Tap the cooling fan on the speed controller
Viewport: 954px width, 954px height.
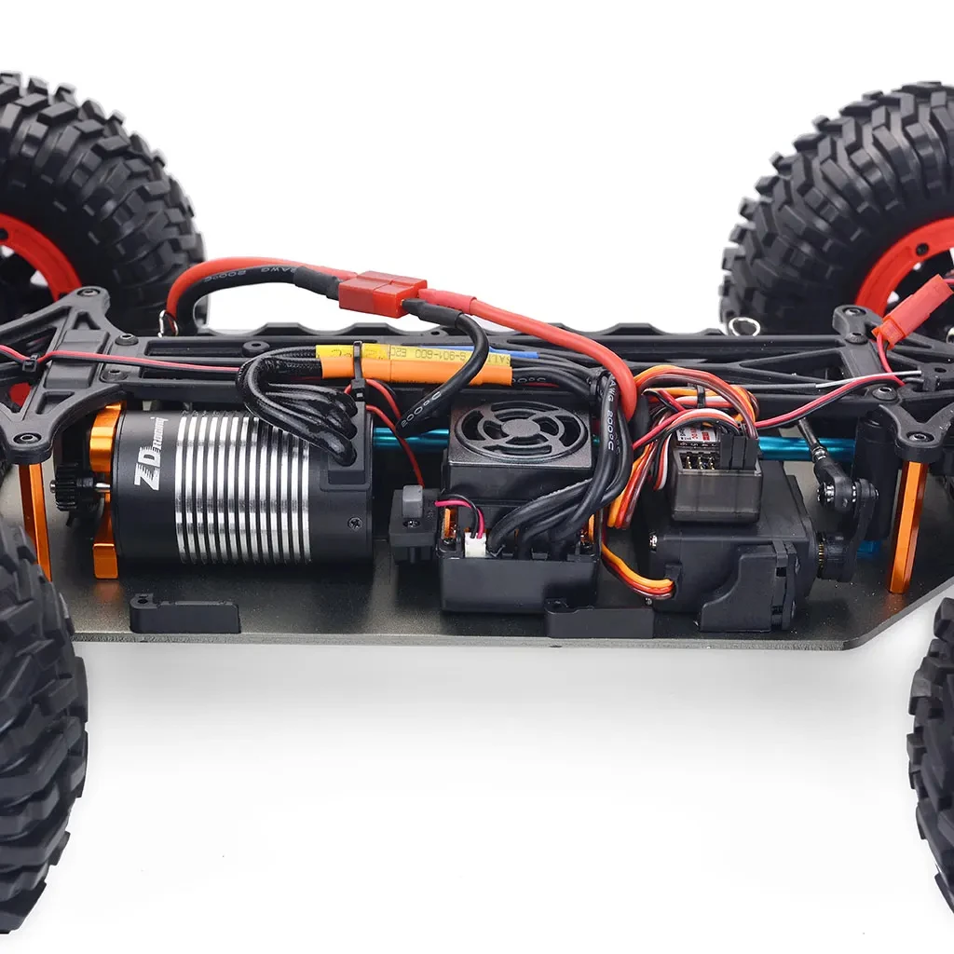click(x=522, y=430)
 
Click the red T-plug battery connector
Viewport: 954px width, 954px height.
click(x=382, y=292)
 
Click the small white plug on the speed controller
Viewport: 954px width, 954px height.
click(x=475, y=546)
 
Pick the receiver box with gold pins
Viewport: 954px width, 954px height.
click(x=713, y=475)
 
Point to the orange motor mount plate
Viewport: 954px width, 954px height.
click(x=102, y=494)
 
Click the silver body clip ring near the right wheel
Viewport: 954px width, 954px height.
click(x=743, y=326)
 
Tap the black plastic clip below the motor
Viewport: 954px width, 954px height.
click(x=184, y=616)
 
